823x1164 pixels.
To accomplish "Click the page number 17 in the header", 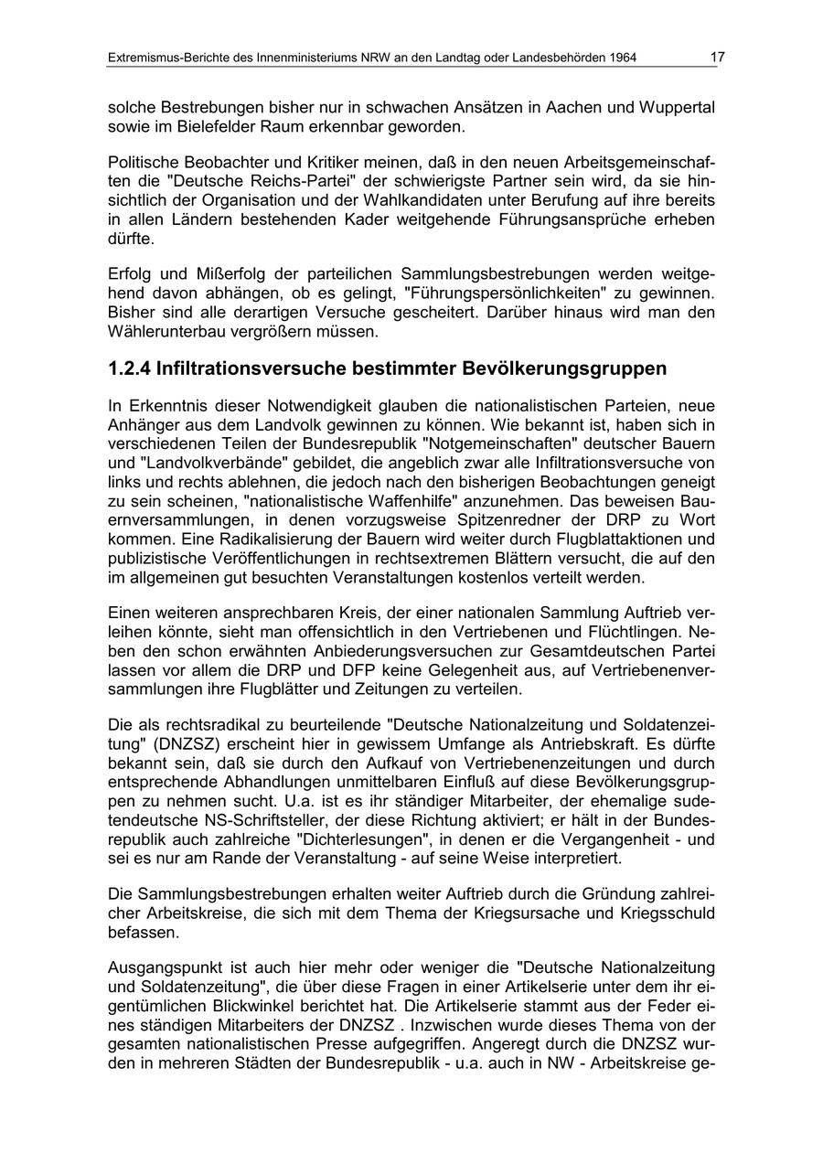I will coord(717,58).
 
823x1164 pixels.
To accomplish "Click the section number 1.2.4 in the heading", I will coord(128,368).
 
